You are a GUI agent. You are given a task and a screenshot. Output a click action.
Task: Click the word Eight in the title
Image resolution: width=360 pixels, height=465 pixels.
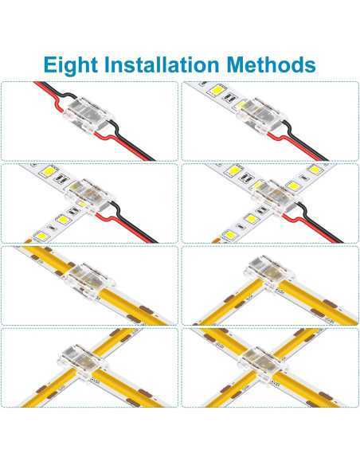[x=70, y=65]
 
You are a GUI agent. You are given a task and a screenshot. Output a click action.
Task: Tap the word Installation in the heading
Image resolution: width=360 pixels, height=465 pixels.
[x=162, y=64]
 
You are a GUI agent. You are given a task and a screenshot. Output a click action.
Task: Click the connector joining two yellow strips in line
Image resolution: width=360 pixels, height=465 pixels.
[x=89, y=279]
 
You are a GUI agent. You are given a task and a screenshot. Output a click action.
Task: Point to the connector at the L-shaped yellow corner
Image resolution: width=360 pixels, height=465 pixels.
[x=266, y=272]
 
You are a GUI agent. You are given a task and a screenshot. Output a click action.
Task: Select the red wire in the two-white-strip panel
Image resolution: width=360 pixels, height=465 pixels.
[x=124, y=226]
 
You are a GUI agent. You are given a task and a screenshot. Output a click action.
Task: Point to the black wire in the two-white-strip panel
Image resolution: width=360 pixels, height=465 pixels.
[x=134, y=222]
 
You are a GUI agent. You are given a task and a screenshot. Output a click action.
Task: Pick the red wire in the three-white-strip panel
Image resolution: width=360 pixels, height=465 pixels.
[x=308, y=228]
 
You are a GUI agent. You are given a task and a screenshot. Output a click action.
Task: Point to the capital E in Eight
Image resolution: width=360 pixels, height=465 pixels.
[x=50, y=64]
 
